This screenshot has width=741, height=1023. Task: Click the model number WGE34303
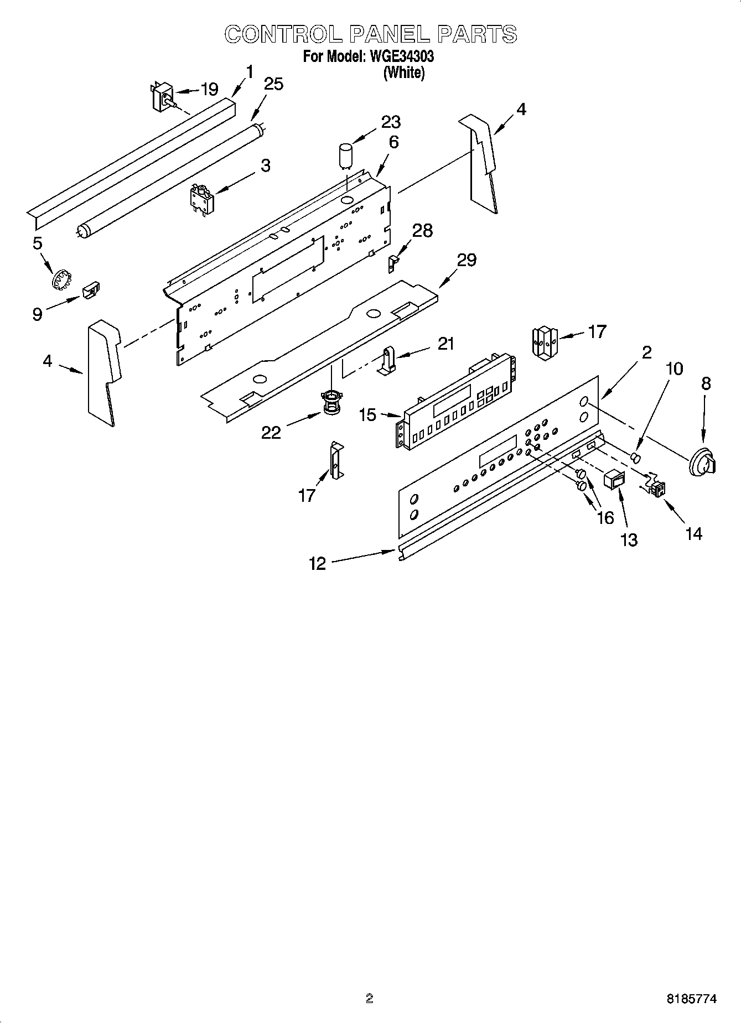398,56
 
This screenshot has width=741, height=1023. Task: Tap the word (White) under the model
404,72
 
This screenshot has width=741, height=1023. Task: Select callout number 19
209,89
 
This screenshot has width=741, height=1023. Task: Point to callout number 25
273,84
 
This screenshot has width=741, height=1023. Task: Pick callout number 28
423,231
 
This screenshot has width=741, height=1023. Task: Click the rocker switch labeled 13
613,479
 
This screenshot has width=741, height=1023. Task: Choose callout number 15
367,414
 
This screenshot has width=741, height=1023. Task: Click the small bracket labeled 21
389,360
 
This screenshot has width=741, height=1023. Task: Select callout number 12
317,564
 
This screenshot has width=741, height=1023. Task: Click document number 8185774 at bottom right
691,999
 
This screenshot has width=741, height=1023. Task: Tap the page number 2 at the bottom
370,998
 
